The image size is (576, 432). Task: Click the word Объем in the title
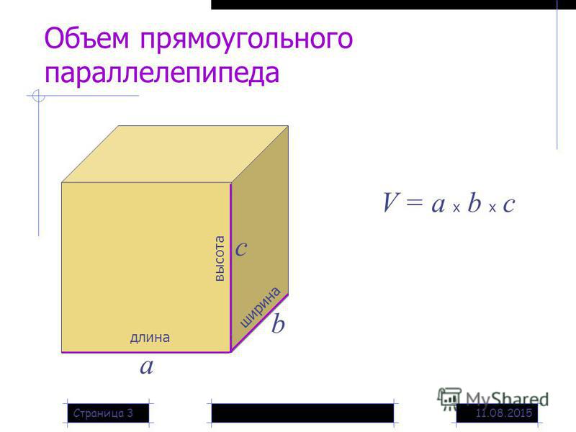coord(86,38)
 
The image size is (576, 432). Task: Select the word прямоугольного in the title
coord(246,40)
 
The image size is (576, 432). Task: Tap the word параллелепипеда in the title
coord(162,73)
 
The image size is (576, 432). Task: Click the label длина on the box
coord(150,338)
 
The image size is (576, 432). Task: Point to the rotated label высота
coord(220,258)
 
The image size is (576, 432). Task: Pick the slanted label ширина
coord(260,307)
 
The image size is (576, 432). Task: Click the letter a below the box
coord(147,366)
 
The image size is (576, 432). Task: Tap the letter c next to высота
coord(241,248)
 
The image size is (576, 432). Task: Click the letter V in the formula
coord(390,202)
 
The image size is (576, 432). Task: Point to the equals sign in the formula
coord(415,203)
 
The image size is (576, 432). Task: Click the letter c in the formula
coord(509,204)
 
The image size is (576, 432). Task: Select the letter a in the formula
coord(438,204)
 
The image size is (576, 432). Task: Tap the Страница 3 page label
coord(103,413)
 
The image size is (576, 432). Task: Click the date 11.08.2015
coord(504,413)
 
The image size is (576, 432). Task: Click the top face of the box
coord(175,154)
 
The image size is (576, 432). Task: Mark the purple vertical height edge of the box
coord(230,267)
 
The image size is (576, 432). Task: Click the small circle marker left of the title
coord(39,96)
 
